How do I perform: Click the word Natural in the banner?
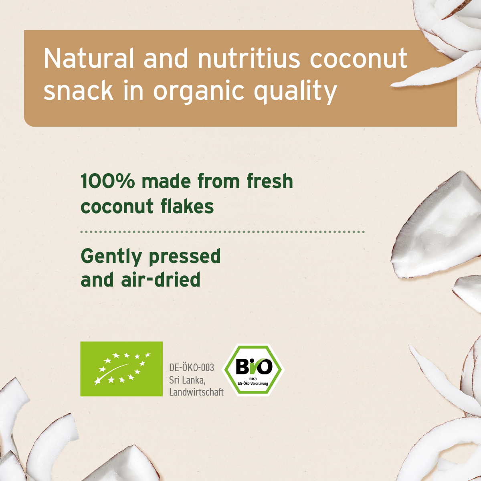[x=89, y=59]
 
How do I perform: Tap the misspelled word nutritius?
[x=249, y=59]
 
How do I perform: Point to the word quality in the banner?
[x=295, y=91]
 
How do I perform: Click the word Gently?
[x=111, y=257]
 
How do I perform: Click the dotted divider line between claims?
[x=222, y=232]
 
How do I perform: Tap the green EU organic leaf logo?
[x=121, y=369]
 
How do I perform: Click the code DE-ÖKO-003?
[x=192, y=368]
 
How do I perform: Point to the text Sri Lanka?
[x=187, y=380]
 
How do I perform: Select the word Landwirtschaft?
[x=196, y=392]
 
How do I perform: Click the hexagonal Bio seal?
[x=254, y=370]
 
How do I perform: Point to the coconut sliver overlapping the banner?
[x=437, y=72]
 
